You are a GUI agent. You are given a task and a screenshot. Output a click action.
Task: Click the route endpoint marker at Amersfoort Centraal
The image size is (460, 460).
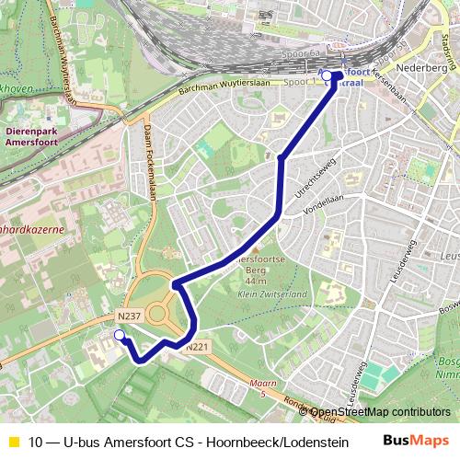point(327,75)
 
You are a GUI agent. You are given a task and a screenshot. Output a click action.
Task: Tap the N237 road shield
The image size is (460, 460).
point(129,316)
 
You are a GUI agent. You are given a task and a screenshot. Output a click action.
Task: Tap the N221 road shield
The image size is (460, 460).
point(197,347)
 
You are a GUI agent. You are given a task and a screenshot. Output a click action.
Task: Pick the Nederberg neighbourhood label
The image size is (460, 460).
point(421,68)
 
